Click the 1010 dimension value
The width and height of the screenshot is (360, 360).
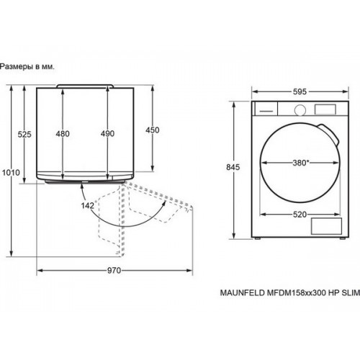click(x=11, y=172)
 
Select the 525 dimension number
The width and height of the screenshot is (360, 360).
click(x=24, y=134)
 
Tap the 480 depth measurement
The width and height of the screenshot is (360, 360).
click(x=63, y=134)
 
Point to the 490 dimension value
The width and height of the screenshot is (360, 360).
click(x=107, y=133)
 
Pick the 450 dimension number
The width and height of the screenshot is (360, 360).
click(x=153, y=130)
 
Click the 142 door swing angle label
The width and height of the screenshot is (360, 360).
click(x=88, y=205)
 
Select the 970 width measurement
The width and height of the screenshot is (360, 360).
click(x=114, y=271)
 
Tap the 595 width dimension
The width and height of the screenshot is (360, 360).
click(x=300, y=91)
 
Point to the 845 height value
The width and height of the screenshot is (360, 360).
click(x=233, y=167)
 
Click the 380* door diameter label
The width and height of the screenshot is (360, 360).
click(x=300, y=163)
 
